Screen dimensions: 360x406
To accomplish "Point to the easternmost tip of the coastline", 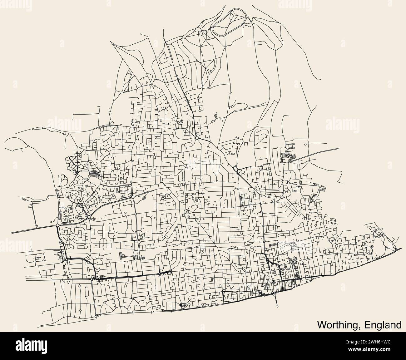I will point(401,248).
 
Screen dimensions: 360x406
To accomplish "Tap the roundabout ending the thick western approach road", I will point(58,225).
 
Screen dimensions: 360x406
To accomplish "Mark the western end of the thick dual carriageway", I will point(12,233).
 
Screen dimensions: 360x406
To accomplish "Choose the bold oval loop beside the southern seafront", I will point(183,305).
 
